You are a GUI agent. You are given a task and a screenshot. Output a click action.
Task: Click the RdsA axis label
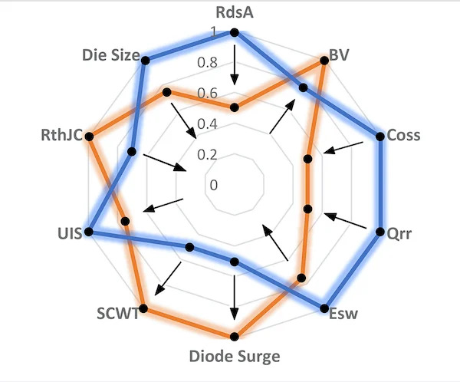(x=235, y=12)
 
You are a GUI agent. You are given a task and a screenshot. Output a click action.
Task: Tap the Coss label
(x=403, y=136)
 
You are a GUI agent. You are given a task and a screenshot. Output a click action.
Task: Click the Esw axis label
(x=342, y=314)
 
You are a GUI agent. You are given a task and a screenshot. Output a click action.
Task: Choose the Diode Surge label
(x=235, y=356)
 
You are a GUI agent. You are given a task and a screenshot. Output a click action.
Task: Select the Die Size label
(x=110, y=55)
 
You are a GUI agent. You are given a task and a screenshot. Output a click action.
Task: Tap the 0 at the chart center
(x=213, y=185)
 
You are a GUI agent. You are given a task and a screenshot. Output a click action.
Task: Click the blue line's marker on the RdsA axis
(x=235, y=32)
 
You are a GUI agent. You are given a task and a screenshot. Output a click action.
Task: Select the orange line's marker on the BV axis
(x=324, y=62)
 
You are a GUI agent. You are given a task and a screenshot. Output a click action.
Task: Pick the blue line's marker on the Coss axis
(x=379, y=137)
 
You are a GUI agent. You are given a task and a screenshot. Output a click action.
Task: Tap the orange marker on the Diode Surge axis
(x=235, y=335)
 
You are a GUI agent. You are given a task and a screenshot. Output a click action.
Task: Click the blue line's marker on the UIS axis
(x=90, y=231)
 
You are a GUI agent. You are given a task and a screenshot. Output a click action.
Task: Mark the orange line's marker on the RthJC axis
(x=90, y=137)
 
